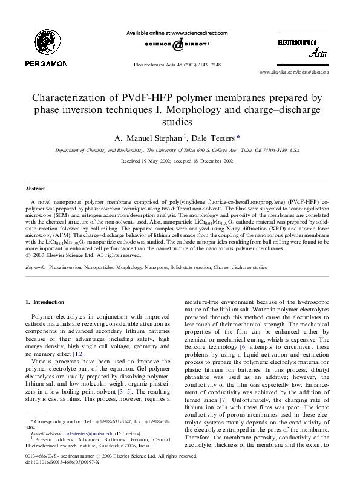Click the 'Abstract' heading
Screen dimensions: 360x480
click(x=35, y=172)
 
